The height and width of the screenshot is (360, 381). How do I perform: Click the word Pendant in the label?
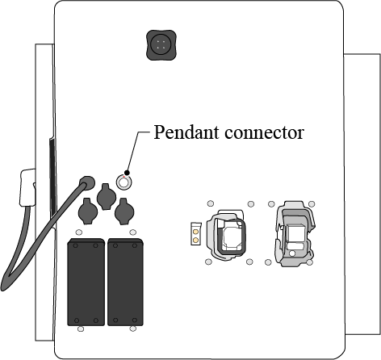click(x=186, y=132)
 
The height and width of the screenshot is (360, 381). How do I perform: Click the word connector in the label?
click(x=264, y=132)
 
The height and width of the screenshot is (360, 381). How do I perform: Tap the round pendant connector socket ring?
click(x=124, y=182)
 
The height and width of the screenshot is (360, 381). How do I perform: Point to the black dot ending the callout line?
click(x=127, y=173)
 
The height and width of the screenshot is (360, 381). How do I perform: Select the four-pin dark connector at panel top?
click(x=161, y=44)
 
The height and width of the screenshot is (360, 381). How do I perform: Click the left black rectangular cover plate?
click(x=86, y=282)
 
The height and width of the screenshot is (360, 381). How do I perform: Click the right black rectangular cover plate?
click(x=125, y=282)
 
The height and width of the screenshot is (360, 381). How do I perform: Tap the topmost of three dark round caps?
click(x=107, y=196)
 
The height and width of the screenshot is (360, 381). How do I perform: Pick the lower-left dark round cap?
click(x=88, y=211)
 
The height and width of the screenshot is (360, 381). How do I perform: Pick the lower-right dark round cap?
click(x=124, y=211)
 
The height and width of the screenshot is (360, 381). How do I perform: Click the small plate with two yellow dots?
click(x=196, y=234)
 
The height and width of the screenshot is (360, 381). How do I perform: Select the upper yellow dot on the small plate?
click(x=196, y=232)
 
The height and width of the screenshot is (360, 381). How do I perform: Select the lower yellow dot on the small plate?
click(x=196, y=240)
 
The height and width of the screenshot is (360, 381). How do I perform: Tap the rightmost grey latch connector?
click(x=295, y=233)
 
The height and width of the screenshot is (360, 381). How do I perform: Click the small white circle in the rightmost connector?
click(x=292, y=253)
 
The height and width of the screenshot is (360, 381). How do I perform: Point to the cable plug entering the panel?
click(x=86, y=183)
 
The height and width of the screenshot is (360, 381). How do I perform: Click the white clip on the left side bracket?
click(x=27, y=187)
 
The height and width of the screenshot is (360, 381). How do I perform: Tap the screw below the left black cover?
click(x=81, y=329)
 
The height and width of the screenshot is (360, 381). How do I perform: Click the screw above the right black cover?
click(x=133, y=232)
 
